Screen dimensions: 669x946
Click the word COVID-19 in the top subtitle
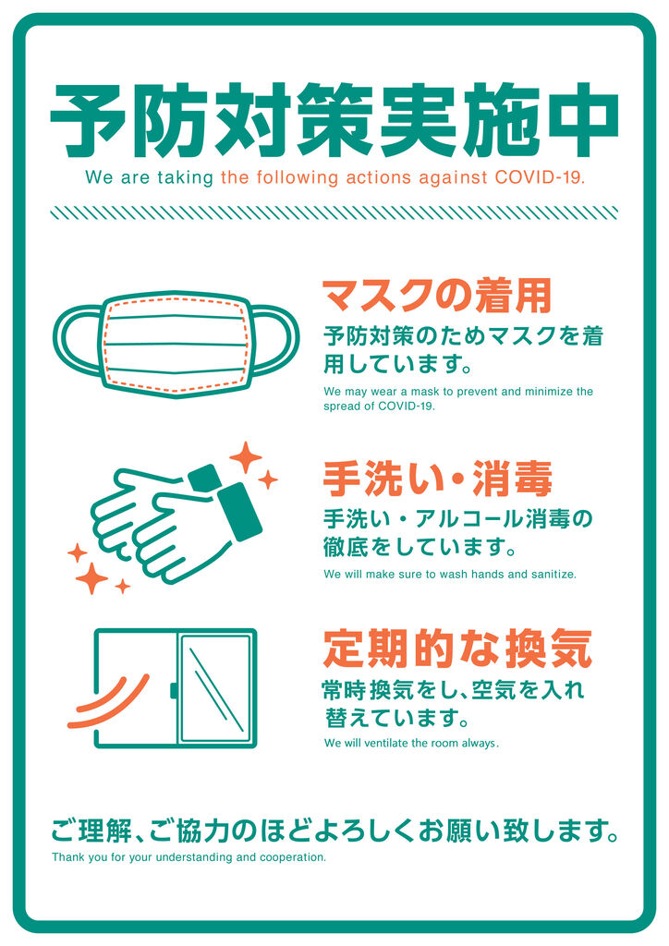point(540,178)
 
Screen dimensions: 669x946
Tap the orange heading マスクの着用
point(437,296)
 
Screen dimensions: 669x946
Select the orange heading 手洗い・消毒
point(437,479)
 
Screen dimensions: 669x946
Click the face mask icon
point(176,344)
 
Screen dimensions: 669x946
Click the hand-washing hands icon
point(176,523)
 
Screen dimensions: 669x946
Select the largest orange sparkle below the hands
point(91,578)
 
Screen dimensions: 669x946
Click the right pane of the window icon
point(216,687)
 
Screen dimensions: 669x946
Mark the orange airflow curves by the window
point(109,704)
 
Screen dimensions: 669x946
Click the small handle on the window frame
point(173,690)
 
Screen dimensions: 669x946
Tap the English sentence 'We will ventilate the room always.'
point(411,744)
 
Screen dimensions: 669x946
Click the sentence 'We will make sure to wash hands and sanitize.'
point(450,575)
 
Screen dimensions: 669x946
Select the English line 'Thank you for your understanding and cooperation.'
point(189,857)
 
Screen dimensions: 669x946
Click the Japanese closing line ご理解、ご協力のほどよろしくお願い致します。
point(334,831)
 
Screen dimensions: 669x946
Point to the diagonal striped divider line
point(334,212)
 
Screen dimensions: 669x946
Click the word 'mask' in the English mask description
point(426,392)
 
